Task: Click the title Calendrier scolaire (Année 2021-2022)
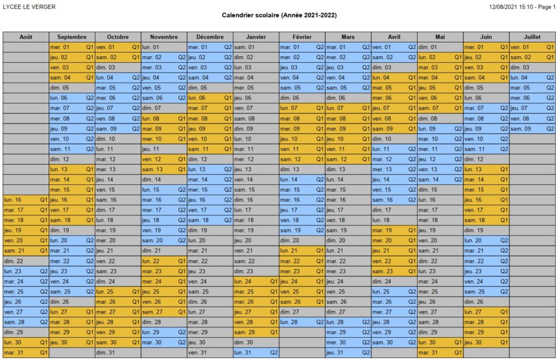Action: click(279, 16)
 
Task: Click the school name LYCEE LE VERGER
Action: click(29, 7)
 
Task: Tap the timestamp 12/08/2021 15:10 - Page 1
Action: click(522, 7)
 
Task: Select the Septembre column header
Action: click(72, 37)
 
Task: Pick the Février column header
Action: click(302, 37)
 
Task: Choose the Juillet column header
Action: click(532, 37)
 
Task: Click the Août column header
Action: click(26, 37)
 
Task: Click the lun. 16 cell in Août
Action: click(26, 200)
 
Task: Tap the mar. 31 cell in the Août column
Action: click(26, 352)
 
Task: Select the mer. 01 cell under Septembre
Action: click(72, 47)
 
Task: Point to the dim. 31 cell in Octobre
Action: click(118, 352)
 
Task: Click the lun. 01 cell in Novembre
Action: click(164, 47)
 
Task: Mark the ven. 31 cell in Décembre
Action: click(210, 352)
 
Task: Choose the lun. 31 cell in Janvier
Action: click(256, 352)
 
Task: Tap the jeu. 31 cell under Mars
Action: click(348, 352)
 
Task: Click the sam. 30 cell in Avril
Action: click(394, 343)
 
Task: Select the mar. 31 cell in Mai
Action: click(440, 352)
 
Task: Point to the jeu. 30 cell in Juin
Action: click(486, 343)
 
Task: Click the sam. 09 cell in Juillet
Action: click(532, 129)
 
